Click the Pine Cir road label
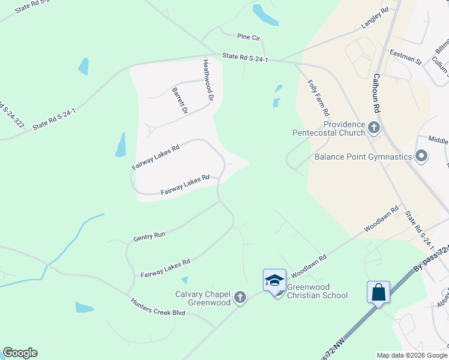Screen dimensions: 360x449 click(249, 37)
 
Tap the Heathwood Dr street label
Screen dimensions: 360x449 click(208, 79)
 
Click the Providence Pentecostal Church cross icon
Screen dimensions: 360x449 click(374, 127)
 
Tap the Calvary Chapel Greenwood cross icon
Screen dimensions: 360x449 click(240, 298)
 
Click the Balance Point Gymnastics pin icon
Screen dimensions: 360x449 click(421, 157)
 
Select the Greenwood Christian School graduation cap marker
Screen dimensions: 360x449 click(274, 281)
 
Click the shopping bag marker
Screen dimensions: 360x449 click(378, 293)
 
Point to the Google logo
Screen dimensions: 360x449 click(20, 353)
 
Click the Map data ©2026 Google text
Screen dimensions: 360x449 click(411, 355)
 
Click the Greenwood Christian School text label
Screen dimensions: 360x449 click(317, 290)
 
